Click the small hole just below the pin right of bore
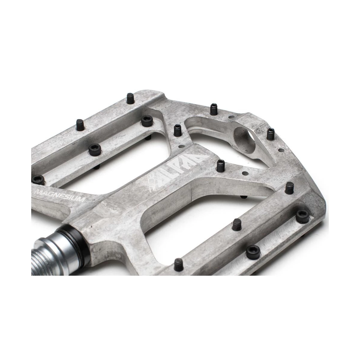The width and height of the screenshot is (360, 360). click(x=281, y=150)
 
